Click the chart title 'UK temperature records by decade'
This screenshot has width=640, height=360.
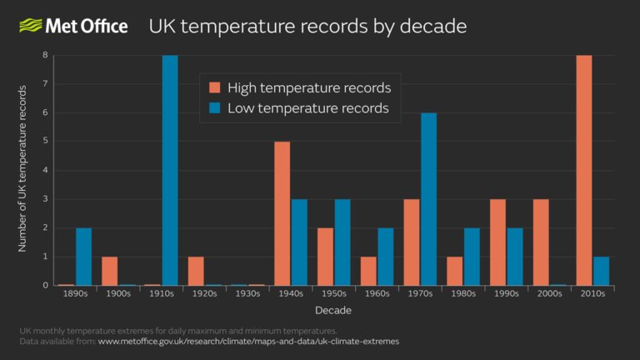(x=307, y=27)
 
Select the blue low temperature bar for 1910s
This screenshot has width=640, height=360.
(x=170, y=171)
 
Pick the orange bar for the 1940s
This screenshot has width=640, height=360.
(x=282, y=213)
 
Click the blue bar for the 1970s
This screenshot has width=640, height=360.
(x=428, y=199)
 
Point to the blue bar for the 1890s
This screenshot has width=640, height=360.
(x=83, y=256)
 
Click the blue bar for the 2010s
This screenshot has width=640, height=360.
(x=601, y=271)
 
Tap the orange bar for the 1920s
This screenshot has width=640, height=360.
(x=196, y=271)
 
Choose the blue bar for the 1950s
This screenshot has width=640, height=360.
(x=342, y=242)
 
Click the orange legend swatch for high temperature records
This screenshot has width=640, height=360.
(x=215, y=87)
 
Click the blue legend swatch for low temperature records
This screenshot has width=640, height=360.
(x=215, y=108)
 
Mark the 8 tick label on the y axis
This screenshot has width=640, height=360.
(x=47, y=56)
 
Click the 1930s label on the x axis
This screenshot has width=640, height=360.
(x=247, y=294)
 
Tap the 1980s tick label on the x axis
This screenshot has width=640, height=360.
(x=462, y=294)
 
